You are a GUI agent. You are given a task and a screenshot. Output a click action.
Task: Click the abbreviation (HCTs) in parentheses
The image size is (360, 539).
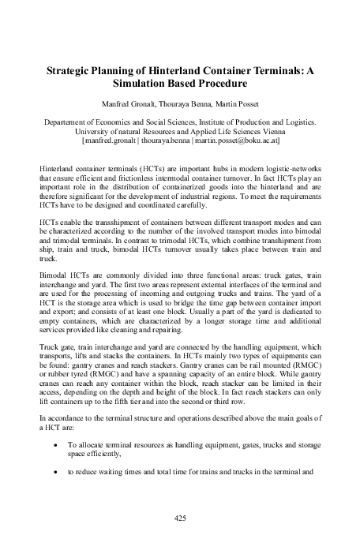126,170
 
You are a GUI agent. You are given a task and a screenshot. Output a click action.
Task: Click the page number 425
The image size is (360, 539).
179,517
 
